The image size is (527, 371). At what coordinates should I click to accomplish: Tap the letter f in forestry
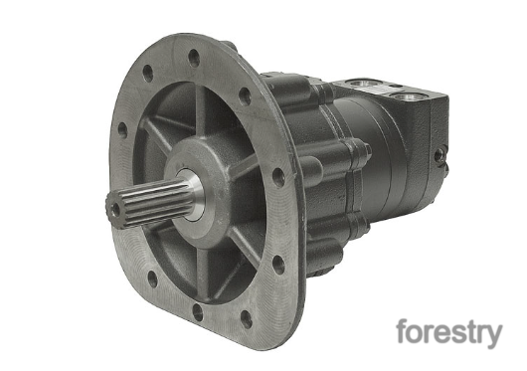[403, 330]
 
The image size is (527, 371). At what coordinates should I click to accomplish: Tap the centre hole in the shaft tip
[115, 209]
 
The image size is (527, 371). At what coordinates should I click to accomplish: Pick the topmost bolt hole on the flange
[194, 58]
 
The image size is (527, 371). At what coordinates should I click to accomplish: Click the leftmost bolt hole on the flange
[122, 130]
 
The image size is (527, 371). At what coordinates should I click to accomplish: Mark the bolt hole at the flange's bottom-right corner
[247, 319]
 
